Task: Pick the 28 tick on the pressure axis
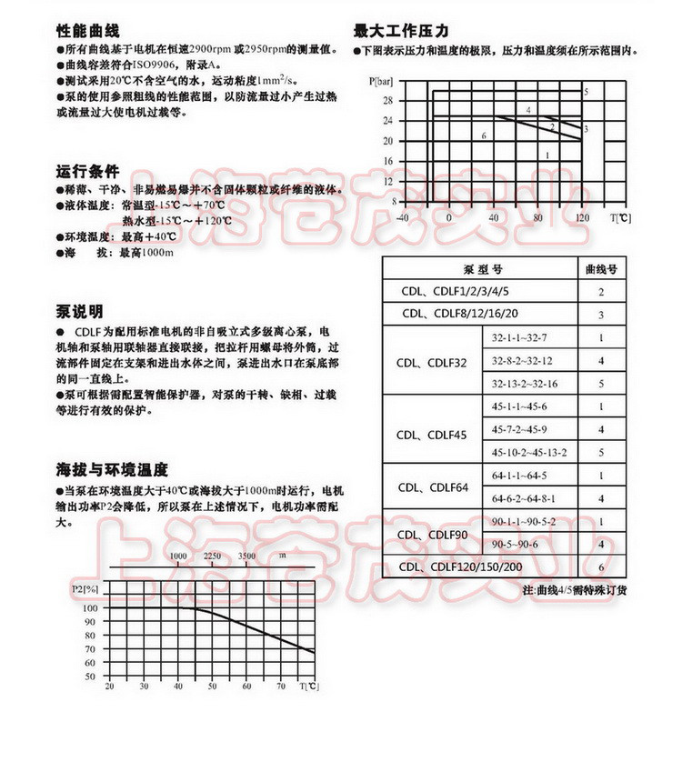click(388, 99)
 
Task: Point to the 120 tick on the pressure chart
click(582, 218)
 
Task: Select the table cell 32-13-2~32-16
click(524, 384)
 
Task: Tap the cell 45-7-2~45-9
click(519, 429)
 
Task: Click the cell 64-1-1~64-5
click(519, 476)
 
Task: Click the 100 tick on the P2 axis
click(90, 607)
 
